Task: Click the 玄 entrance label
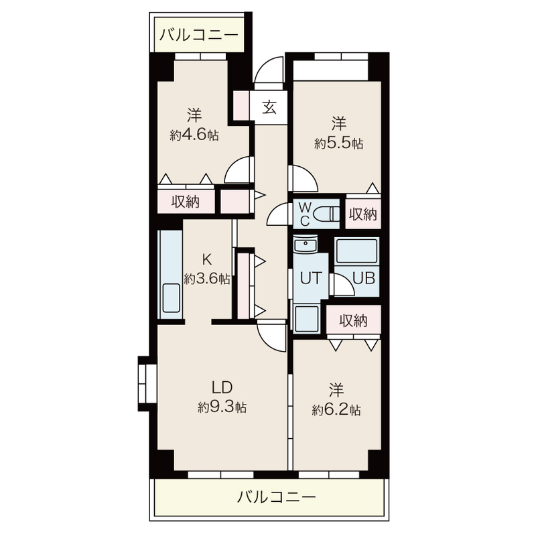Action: coord(269,107)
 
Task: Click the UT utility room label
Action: coord(311,277)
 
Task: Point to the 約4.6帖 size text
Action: coord(194,135)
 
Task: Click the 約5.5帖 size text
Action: coord(339,143)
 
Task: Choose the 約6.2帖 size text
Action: coord(336,410)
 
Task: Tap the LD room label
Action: coord(222,387)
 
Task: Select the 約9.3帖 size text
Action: coord(222,407)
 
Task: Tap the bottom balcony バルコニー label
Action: coord(276,498)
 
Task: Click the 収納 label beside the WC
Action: coord(362,214)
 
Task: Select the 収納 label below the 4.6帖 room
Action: coord(186,201)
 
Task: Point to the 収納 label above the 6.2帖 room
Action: coord(353,320)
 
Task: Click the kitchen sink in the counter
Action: coord(171,298)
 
